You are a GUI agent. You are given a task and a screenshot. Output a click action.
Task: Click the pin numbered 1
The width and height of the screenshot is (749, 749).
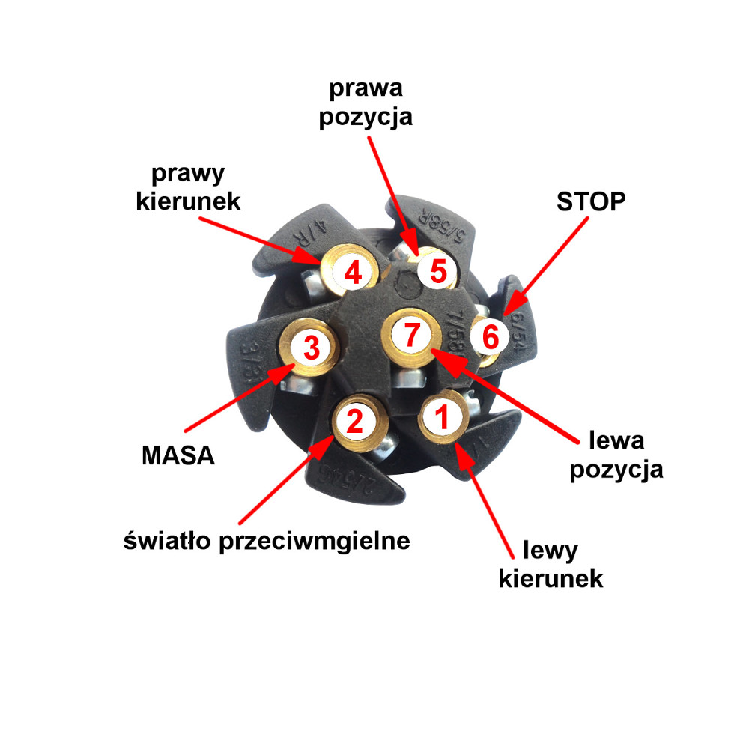[x=443, y=416]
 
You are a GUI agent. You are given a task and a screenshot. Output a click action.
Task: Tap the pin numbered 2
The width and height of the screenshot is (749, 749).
[x=355, y=422]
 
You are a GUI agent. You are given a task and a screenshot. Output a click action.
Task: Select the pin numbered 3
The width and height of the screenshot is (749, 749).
[x=310, y=347]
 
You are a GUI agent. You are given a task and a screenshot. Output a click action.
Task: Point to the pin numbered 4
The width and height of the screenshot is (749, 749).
[x=352, y=273]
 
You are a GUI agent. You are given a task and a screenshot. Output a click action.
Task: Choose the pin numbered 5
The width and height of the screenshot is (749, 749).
[x=437, y=270]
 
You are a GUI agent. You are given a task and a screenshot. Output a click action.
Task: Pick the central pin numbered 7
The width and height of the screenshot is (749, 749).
[x=411, y=334]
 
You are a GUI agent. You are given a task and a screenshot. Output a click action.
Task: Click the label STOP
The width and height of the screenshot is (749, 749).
[x=590, y=201]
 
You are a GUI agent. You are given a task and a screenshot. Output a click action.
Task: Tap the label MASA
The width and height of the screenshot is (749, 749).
[x=178, y=454]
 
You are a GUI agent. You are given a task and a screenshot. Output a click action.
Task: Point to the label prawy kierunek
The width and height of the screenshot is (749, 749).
[x=188, y=187]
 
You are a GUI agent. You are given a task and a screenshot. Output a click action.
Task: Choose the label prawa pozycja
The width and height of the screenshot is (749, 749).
[x=366, y=102]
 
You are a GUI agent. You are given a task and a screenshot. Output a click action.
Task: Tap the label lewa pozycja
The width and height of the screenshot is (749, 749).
[x=616, y=454]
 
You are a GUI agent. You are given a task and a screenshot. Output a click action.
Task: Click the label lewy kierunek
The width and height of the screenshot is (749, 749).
[x=551, y=565]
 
